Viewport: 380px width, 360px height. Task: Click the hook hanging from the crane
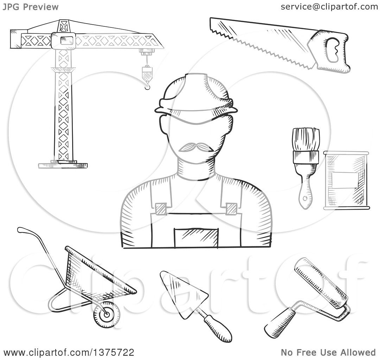[146, 83]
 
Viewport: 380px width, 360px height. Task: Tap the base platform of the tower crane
[63, 164]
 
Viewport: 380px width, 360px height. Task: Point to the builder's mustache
[196, 146]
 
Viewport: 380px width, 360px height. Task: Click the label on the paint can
[346, 183]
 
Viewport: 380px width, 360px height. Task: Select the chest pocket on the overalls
[196, 237]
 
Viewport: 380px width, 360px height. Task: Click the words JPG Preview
[31, 7]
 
